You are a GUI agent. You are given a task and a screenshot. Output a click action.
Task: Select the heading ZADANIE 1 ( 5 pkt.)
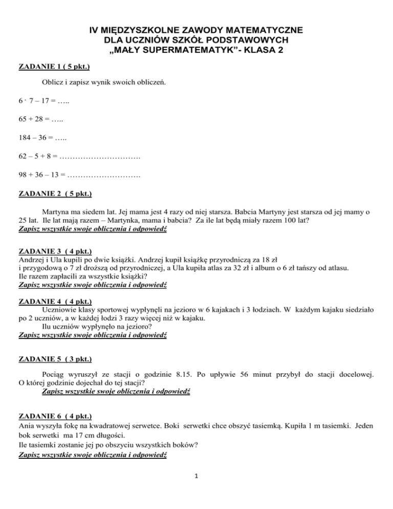[x=55, y=67]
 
